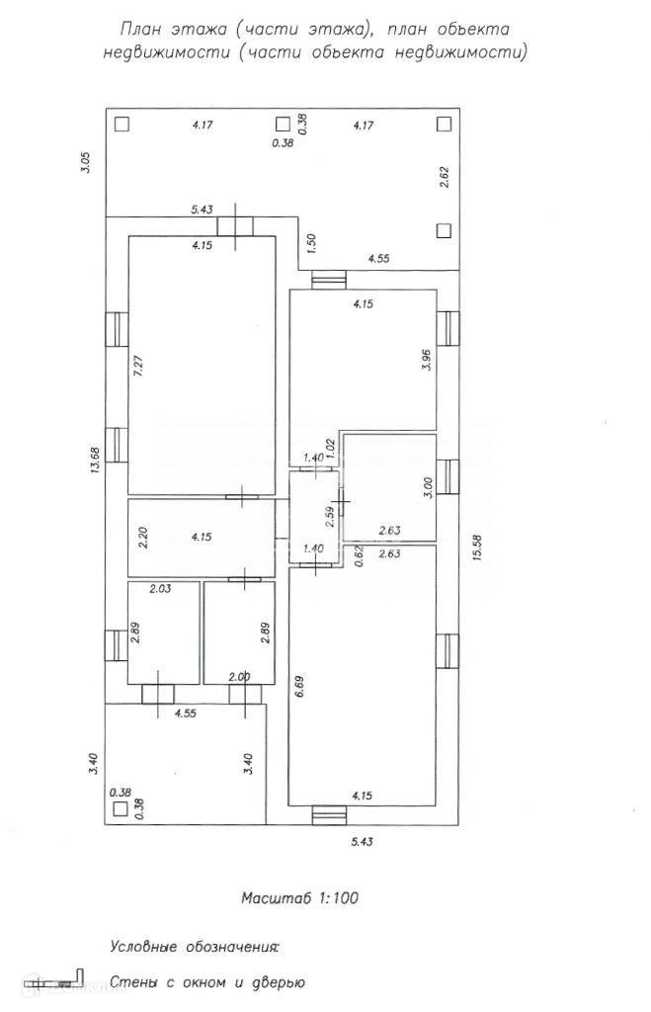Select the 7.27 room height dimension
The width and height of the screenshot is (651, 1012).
138,363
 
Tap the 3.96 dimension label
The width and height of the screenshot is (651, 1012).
427,360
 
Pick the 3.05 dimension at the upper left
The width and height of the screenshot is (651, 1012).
87,162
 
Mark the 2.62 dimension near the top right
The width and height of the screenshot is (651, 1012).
445,177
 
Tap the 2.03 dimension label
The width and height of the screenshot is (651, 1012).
160,589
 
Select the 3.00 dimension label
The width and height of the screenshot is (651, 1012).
427,488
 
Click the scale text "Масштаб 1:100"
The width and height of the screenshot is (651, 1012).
298,898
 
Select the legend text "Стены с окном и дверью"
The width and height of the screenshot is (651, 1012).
207,982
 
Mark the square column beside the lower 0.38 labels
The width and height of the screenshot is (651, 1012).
121,808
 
